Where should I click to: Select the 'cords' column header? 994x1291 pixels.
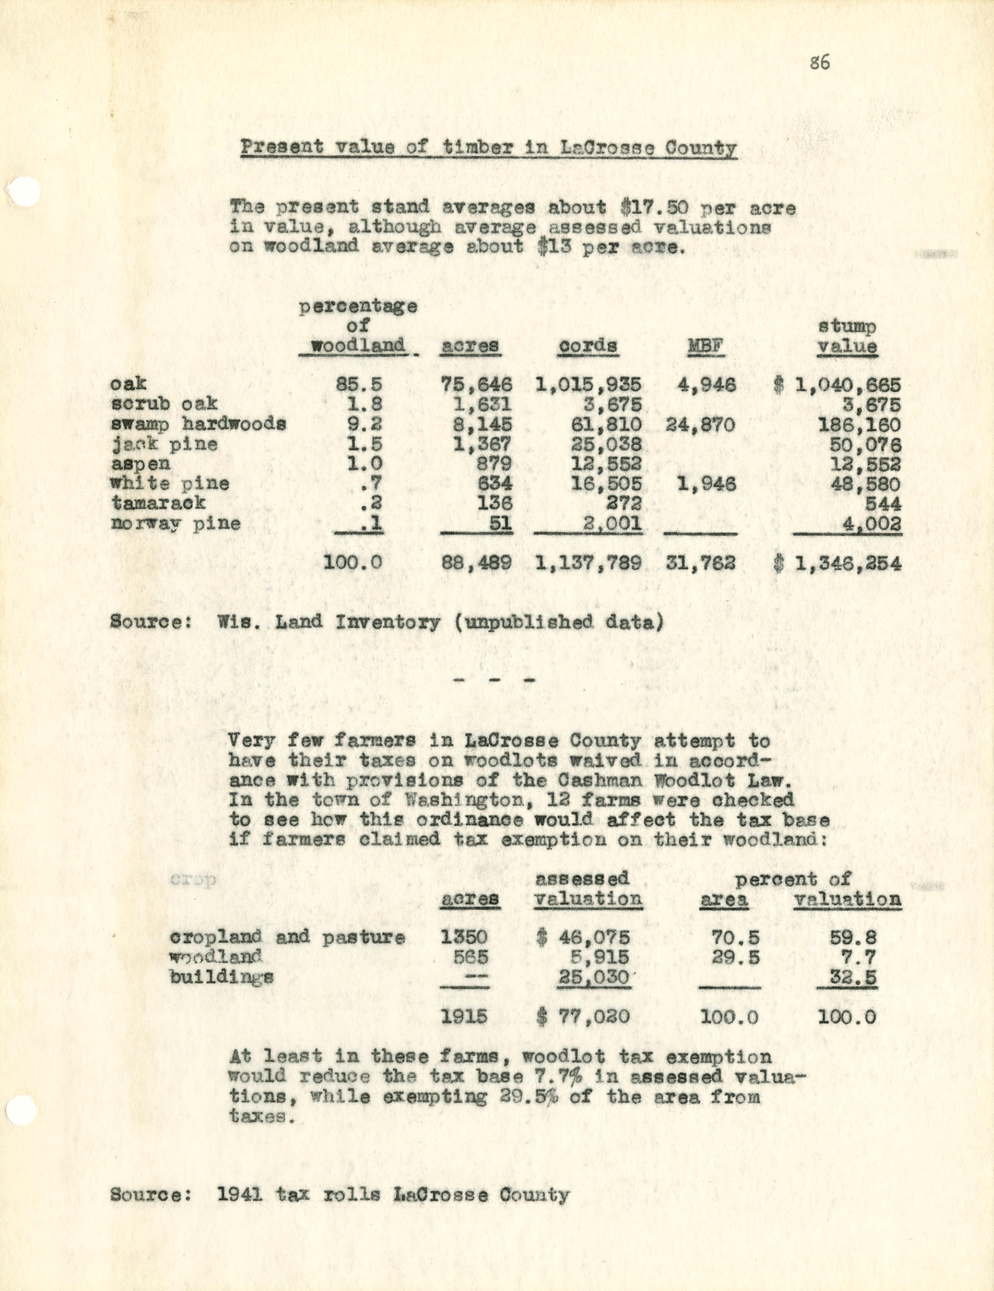[x=588, y=346]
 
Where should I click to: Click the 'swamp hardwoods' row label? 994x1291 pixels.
[x=199, y=424]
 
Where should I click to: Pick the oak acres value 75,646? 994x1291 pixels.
[x=477, y=385]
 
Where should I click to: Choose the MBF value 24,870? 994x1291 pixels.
[x=700, y=424]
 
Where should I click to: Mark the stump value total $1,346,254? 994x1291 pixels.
[x=838, y=563]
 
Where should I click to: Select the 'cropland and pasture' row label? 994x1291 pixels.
[x=287, y=938]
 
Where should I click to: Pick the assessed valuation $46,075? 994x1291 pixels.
[x=584, y=938]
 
